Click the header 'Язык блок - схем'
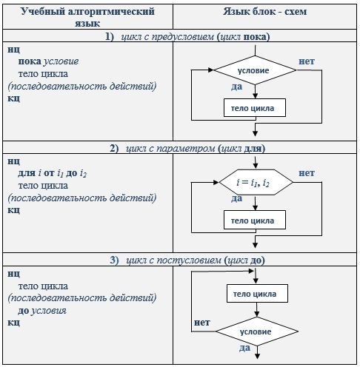[265, 11]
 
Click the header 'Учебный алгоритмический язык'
[87, 17]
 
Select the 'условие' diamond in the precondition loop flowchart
[255, 70]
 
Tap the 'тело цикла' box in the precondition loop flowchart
[255, 108]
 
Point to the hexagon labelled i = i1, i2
[256, 183]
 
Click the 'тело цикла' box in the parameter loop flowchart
[255, 220]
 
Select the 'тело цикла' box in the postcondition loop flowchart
[257, 294]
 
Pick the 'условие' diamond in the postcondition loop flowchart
[257, 331]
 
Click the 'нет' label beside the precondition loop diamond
[307, 61]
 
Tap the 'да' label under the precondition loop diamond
[236, 87]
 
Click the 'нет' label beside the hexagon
[307, 173]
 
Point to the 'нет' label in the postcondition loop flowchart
[202, 323]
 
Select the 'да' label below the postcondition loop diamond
[244, 348]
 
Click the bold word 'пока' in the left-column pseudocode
[30, 61]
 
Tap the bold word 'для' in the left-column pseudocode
[27, 173]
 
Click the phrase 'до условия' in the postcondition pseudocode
[42, 311]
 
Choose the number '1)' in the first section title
[110, 37]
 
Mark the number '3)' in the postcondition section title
[114, 260]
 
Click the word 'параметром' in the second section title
[186, 149]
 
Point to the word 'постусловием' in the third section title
[189, 260]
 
